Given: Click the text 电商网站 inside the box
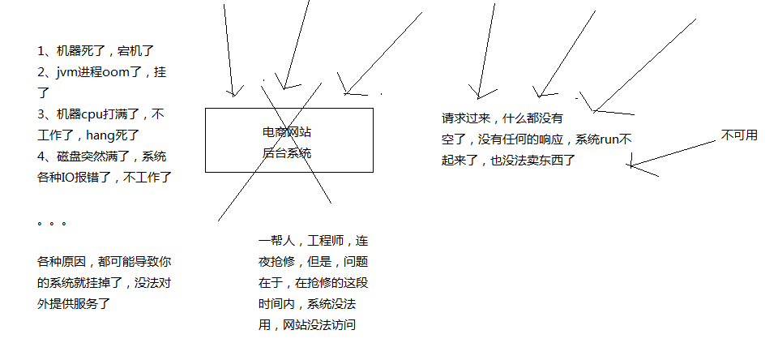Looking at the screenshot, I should click(289, 131).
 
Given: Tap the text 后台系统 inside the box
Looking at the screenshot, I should click(288, 152).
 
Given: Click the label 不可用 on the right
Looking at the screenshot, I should click(738, 135).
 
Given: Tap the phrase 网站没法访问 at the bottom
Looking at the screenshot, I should click(319, 325).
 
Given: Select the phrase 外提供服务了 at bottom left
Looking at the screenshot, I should click(74, 304).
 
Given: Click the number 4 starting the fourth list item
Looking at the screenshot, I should click(41, 156).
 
